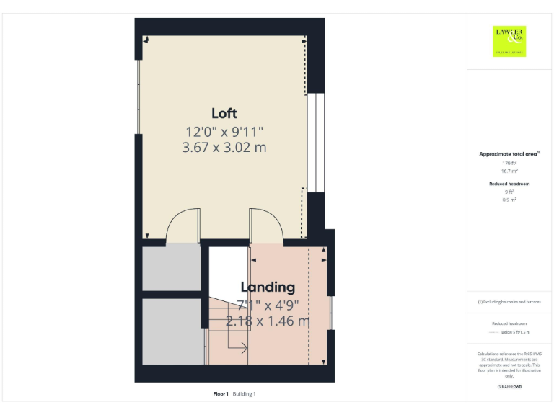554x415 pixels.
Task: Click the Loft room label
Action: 224,113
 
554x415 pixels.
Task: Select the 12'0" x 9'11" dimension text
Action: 224,132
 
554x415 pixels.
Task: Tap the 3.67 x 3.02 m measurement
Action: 224,148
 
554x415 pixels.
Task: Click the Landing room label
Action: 268,287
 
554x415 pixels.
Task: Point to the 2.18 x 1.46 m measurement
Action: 268,321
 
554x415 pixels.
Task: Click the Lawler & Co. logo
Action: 509,40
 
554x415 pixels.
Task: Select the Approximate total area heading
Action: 509,154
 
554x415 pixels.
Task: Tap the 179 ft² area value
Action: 509,164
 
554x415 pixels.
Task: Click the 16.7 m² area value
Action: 509,171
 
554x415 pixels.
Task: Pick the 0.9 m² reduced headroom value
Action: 509,200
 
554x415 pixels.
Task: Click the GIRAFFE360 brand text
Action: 509,387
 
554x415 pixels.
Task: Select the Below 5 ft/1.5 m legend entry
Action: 515,332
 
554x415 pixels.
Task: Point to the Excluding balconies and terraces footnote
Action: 509,302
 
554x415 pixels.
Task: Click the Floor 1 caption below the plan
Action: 221,393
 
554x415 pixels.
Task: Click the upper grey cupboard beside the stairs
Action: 171,268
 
